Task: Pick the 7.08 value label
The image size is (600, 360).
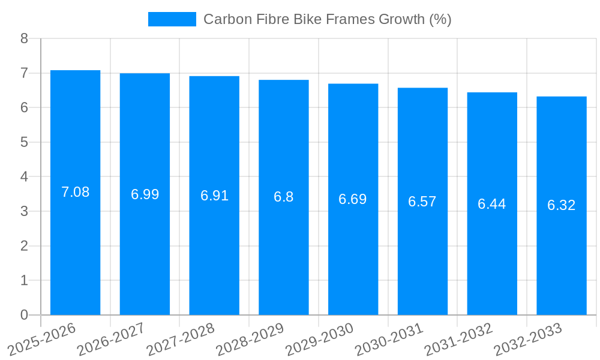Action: [75, 192]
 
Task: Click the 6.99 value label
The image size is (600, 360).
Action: [145, 194]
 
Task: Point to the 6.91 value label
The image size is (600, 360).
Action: [214, 196]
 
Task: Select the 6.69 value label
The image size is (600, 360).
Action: [353, 199]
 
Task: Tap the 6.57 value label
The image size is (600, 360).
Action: [422, 202]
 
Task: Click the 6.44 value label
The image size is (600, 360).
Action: [492, 204]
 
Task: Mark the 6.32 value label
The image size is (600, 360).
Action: [562, 205]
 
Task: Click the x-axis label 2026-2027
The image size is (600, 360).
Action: [112, 339]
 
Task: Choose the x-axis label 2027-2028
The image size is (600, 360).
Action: [181, 339]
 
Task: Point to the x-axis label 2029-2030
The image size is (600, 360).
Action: [320, 339]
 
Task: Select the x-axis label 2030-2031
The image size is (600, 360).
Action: [389, 339]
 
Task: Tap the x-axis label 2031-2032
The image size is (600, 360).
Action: [459, 339]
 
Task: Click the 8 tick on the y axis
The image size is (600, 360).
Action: [24, 38]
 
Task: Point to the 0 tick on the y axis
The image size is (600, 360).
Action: [24, 315]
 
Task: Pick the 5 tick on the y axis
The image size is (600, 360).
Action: [24, 142]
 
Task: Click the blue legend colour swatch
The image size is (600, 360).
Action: [172, 19]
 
